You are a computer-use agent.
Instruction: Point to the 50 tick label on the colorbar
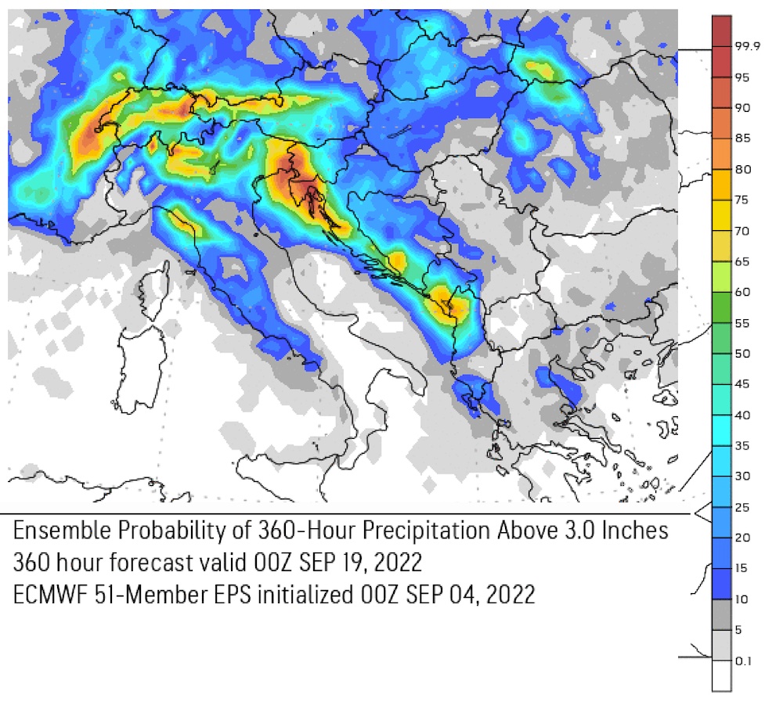[x=742, y=354]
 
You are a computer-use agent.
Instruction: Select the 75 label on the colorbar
[x=742, y=200]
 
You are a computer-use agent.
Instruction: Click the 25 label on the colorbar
[x=742, y=507]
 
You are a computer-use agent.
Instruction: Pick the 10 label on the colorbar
[x=742, y=599]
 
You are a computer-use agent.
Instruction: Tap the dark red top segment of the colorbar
[x=722, y=31]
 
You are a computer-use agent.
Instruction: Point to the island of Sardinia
[x=141, y=368]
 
